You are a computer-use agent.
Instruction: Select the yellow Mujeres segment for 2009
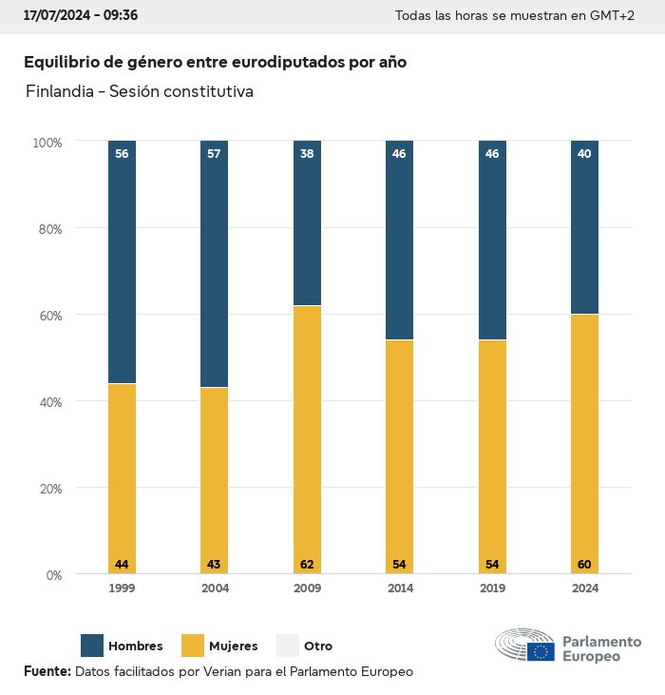point(307,437)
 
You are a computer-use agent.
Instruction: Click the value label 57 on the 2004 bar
point(214,153)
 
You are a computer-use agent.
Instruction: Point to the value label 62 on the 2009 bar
point(307,565)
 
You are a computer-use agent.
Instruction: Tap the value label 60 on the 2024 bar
point(584,565)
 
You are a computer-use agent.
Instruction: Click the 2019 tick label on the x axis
point(492,589)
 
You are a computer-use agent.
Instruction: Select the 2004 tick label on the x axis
point(214,589)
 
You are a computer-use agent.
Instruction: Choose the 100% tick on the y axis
point(47,142)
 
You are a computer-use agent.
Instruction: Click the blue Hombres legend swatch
point(92,646)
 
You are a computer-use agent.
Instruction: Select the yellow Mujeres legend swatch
point(193,646)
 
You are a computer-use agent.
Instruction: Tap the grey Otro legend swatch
point(288,646)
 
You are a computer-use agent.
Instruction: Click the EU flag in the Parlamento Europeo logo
point(541,651)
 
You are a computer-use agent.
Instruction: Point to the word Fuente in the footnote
point(47,671)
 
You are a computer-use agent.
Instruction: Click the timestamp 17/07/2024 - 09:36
point(81,15)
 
